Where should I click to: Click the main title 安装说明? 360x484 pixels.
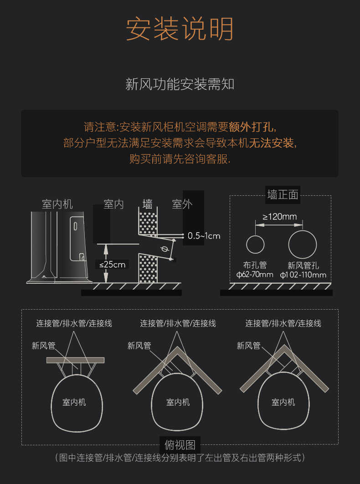(x=180, y=29)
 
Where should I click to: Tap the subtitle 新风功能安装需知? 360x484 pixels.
(x=180, y=84)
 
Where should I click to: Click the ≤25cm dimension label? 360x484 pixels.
(x=112, y=264)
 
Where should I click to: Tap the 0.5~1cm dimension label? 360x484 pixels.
(x=204, y=235)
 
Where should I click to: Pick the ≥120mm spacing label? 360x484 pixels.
(x=280, y=216)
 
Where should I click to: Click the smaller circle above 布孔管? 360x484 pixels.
(x=255, y=245)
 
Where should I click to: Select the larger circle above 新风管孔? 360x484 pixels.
(x=302, y=245)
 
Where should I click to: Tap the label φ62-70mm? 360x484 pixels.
(x=255, y=275)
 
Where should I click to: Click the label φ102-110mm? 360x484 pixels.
(x=303, y=275)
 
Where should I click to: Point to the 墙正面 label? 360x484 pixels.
(x=283, y=195)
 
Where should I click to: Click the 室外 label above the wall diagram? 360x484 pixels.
(x=182, y=204)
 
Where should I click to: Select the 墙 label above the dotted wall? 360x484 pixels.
(x=148, y=204)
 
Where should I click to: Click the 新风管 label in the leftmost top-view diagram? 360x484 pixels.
(x=43, y=346)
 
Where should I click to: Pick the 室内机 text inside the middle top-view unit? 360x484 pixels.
(x=178, y=402)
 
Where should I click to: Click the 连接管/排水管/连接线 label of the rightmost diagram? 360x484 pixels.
(x=283, y=323)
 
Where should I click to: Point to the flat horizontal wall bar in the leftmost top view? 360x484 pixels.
(x=75, y=360)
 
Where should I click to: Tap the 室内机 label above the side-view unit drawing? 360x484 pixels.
(x=57, y=204)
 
